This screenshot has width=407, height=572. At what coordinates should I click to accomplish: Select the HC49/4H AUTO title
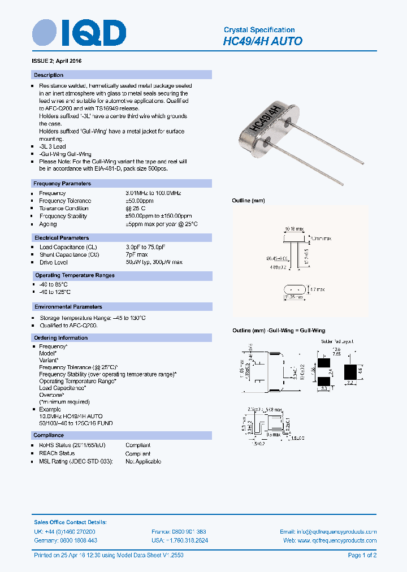(x=263, y=41)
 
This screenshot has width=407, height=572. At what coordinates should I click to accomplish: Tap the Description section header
(x=49, y=75)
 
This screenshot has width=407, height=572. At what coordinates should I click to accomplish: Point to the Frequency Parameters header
(x=62, y=183)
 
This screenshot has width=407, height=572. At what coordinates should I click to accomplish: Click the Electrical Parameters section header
(x=62, y=238)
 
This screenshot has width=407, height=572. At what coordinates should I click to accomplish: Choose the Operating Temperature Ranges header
(x=74, y=275)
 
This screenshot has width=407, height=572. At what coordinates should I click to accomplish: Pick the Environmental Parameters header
(x=68, y=307)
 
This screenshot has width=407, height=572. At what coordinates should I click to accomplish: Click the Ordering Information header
(x=61, y=338)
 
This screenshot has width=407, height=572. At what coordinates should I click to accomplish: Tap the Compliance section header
(x=49, y=435)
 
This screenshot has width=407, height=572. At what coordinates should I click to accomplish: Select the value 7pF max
(x=136, y=255)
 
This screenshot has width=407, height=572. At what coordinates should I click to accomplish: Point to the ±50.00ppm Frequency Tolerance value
(x=140, y=201)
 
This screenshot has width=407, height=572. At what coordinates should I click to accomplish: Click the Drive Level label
(x=54, y=262)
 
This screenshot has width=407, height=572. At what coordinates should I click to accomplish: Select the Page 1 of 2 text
(x=362, y=556)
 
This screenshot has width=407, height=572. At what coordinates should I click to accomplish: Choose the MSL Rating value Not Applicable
(x=143, y=461)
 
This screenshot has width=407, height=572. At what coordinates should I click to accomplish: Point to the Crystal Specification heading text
(x=259, y=29)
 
